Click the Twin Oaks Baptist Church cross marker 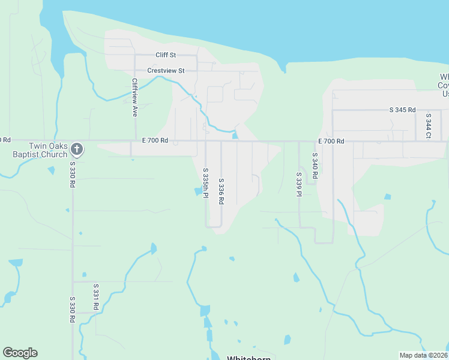coord(76,148)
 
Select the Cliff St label coord(165,55)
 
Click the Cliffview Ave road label coord(135,97)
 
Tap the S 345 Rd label coord(402,110)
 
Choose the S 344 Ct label coord(428,127)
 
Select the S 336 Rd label coord(221,191)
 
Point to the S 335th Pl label coord(205,184)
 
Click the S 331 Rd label coord(95,298)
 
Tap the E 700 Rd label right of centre coord(331,141)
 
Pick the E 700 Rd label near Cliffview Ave coord(155,140)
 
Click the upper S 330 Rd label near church coord(72,175)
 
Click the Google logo coord(20,353)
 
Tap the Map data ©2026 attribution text coord(423,355)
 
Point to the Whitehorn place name coord(249,358)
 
